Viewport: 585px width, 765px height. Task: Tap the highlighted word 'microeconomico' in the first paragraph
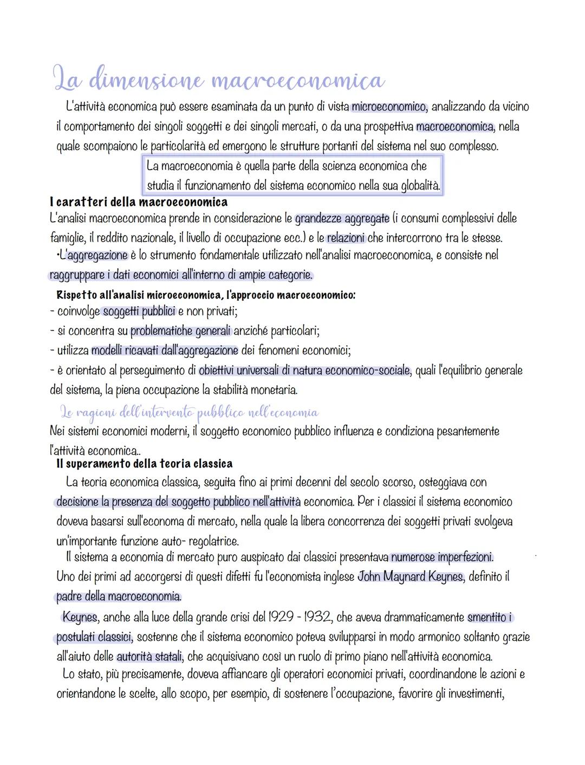coord(388,107)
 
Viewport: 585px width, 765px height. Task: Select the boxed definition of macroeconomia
coord(292,176)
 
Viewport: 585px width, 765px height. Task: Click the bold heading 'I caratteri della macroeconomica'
coord(138,203)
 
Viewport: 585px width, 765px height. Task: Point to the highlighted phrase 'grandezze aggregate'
coord(342,218)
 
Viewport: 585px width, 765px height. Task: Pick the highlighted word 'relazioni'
coord(346,237)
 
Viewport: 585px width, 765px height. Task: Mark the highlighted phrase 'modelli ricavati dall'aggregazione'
coord(165,351)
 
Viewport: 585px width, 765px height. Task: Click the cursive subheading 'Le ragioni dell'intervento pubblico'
coord(190,413)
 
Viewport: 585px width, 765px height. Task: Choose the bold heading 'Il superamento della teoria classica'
coord(145,464)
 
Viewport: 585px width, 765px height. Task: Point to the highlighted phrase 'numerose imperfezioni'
coord(441,557)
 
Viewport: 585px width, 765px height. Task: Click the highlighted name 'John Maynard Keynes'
coord(410,576)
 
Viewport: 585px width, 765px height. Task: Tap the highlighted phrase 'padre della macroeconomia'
coord(119,597)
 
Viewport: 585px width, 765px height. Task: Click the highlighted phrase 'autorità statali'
coord(150,657)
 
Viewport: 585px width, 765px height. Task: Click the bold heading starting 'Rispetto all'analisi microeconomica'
coord(206,295)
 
